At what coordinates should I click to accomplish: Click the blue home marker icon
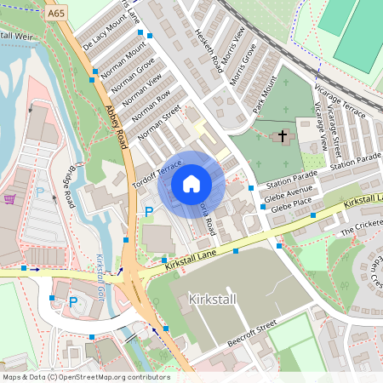[x=191, y=183]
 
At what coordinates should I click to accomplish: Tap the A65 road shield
[x=56, y=14]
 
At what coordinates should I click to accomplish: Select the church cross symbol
[x=283, y=135]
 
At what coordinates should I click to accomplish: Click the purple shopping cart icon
[x=9, y=198]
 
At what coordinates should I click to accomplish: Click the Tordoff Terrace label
[x=157, y=174]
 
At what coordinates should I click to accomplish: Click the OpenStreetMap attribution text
[x=85, y=377]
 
